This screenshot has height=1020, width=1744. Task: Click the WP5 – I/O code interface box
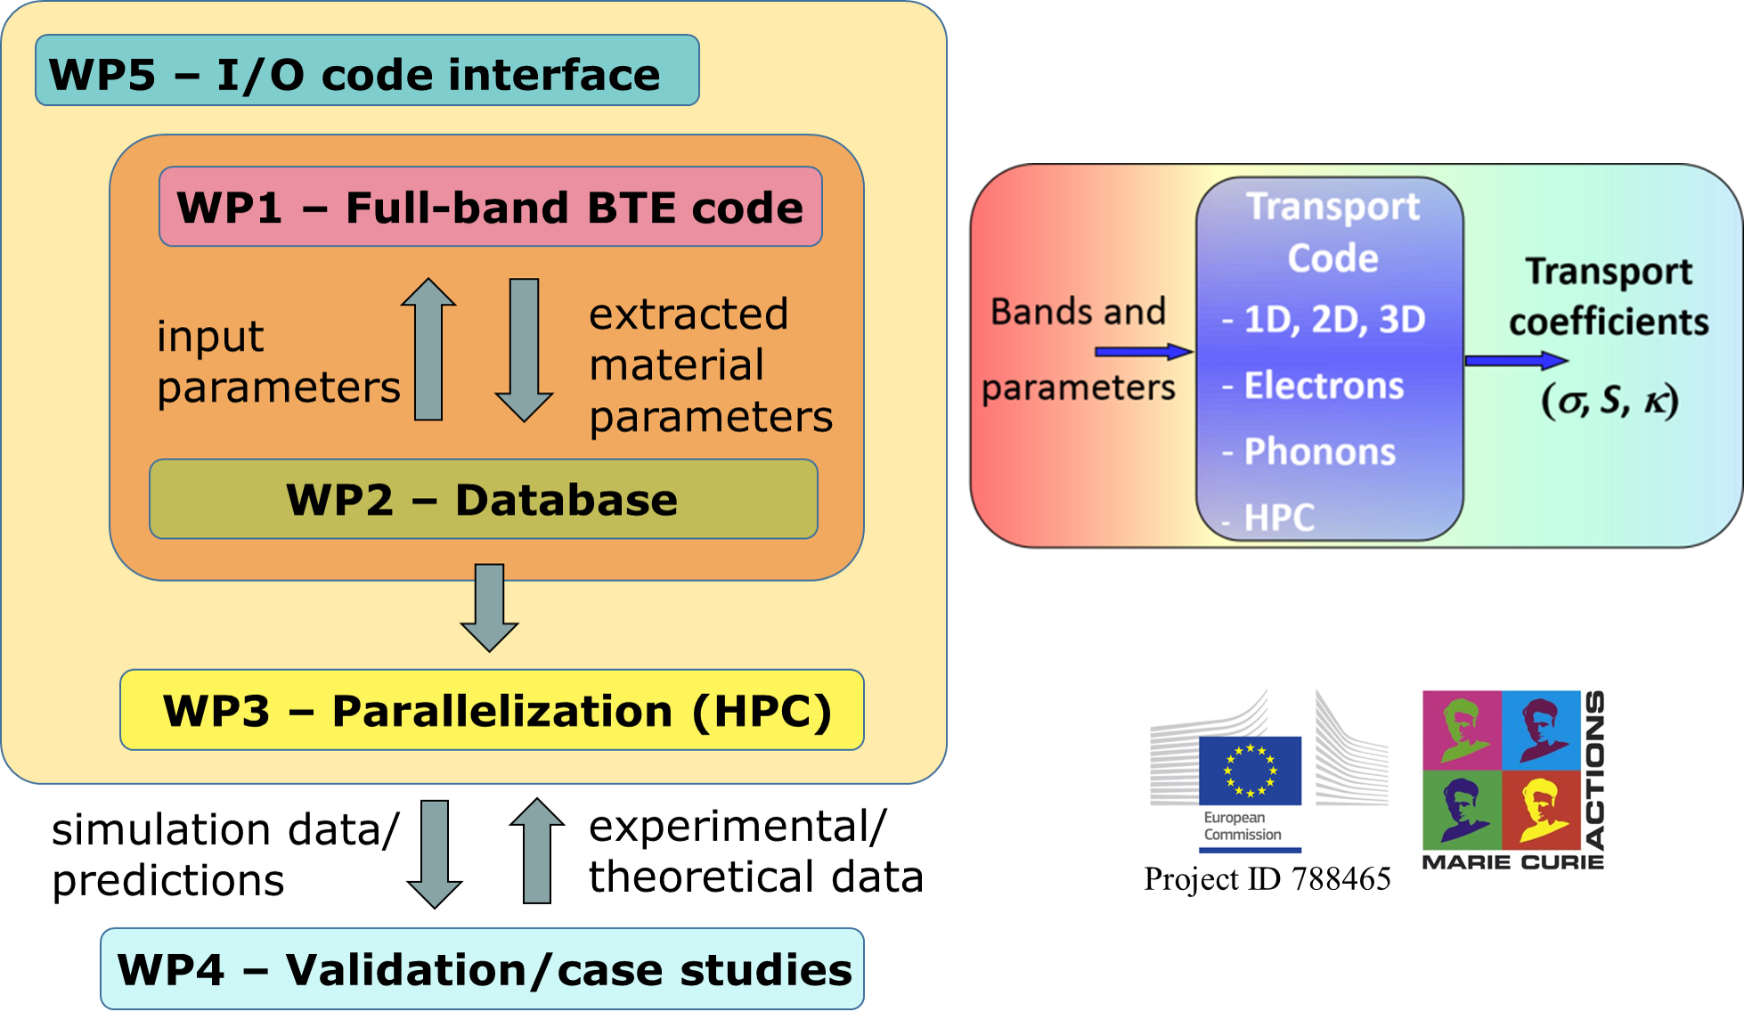tap(367, 71)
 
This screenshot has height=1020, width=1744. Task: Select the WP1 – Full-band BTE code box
tap(490, 207)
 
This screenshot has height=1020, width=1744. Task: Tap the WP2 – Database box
tap(483, 499)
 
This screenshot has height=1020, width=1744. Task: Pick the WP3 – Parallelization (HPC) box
tap(492, 710)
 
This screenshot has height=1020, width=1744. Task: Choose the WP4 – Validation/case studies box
tap(482, 968)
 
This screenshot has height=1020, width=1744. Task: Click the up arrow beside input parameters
tap(428, 348)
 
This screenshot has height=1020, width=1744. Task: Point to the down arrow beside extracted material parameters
tap(524, 349)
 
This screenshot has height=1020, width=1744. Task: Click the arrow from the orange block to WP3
tap(489, 607)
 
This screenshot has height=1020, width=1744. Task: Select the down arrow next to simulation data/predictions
tap(435, 853)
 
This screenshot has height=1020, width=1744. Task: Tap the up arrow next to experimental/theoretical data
tap(536, 851)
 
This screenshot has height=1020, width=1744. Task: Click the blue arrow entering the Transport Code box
tap(1143, 352)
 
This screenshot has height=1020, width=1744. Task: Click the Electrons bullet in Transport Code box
tap(1323, 386)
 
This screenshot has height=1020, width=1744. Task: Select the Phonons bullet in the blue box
tap(1319, 452)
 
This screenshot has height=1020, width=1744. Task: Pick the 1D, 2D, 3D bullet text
tap(1333, 320)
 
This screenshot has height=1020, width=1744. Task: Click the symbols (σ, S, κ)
tap(1610, 401)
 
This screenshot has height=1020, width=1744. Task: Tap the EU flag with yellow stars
tap(1250, 771)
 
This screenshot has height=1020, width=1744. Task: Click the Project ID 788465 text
tap(1267, 879)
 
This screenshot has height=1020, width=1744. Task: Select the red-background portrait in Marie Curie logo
tap(1541, 809)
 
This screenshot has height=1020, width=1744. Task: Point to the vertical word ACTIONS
tap(1595, 770)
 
